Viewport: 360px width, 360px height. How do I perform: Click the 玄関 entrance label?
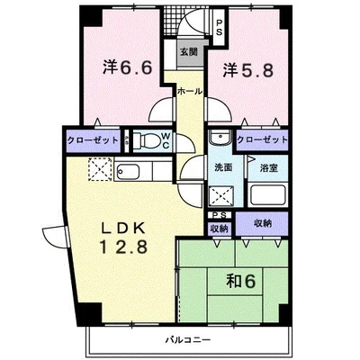189,52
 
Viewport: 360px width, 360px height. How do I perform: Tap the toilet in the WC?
146,139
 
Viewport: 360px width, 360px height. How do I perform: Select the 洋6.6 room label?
128,67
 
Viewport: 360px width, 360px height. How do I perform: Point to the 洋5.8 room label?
248,71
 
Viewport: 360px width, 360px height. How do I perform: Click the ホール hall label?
189,91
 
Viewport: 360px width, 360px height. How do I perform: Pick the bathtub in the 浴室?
267,195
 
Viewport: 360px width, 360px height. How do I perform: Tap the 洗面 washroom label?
223,167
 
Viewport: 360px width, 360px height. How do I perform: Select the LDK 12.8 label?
123,238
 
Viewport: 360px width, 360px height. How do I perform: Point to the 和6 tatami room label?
241,282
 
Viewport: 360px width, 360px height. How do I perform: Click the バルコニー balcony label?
188,340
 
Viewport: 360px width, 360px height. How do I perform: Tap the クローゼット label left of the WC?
93,140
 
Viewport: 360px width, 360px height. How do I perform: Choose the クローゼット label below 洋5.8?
262,139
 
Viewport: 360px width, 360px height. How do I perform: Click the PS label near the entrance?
220,27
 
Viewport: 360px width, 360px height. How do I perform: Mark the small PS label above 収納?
220,215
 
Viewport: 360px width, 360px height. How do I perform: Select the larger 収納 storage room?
262,224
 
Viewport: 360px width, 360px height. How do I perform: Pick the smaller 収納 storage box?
220,229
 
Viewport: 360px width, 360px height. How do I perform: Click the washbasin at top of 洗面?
220,138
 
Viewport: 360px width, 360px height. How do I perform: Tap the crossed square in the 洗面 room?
221,195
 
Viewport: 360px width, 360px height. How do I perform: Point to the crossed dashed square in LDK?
100,169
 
